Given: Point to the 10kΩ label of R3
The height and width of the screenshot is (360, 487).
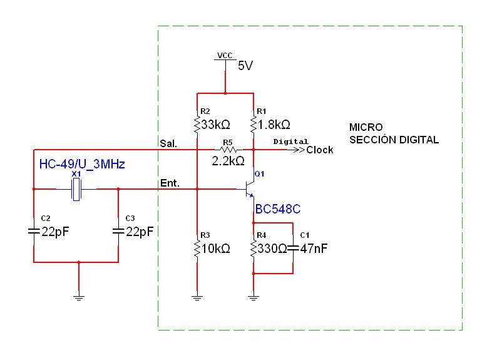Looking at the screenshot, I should (x=216, y=249).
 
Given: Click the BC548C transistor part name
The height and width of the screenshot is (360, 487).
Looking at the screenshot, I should (x=278, y=208).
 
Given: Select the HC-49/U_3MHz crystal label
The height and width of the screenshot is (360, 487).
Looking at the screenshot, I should (x=82, y=165).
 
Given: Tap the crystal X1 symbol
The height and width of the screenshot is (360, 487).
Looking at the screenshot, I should (x=77, y=188).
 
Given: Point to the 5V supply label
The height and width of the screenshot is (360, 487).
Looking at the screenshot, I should (x=245, y=65).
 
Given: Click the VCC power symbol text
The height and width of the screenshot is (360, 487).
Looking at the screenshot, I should (x=224, y=56).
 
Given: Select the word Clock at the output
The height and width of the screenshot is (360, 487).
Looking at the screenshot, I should (x=320, y=150).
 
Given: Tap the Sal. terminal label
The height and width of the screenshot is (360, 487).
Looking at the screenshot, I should (x=169, y=143).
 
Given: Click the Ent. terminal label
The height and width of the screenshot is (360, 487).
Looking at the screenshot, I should (x=170, y=183).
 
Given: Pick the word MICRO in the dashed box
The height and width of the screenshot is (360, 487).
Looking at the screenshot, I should (x=366, y=127).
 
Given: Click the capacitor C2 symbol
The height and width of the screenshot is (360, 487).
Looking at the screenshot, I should (x=33, y=232).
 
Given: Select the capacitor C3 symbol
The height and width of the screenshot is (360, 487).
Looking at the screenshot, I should (x=118, y=232).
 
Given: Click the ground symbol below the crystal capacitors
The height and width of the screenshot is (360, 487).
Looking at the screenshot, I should (x=78, y=296).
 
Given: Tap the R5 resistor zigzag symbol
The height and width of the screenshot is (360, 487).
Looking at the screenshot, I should (x=228, y=150).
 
